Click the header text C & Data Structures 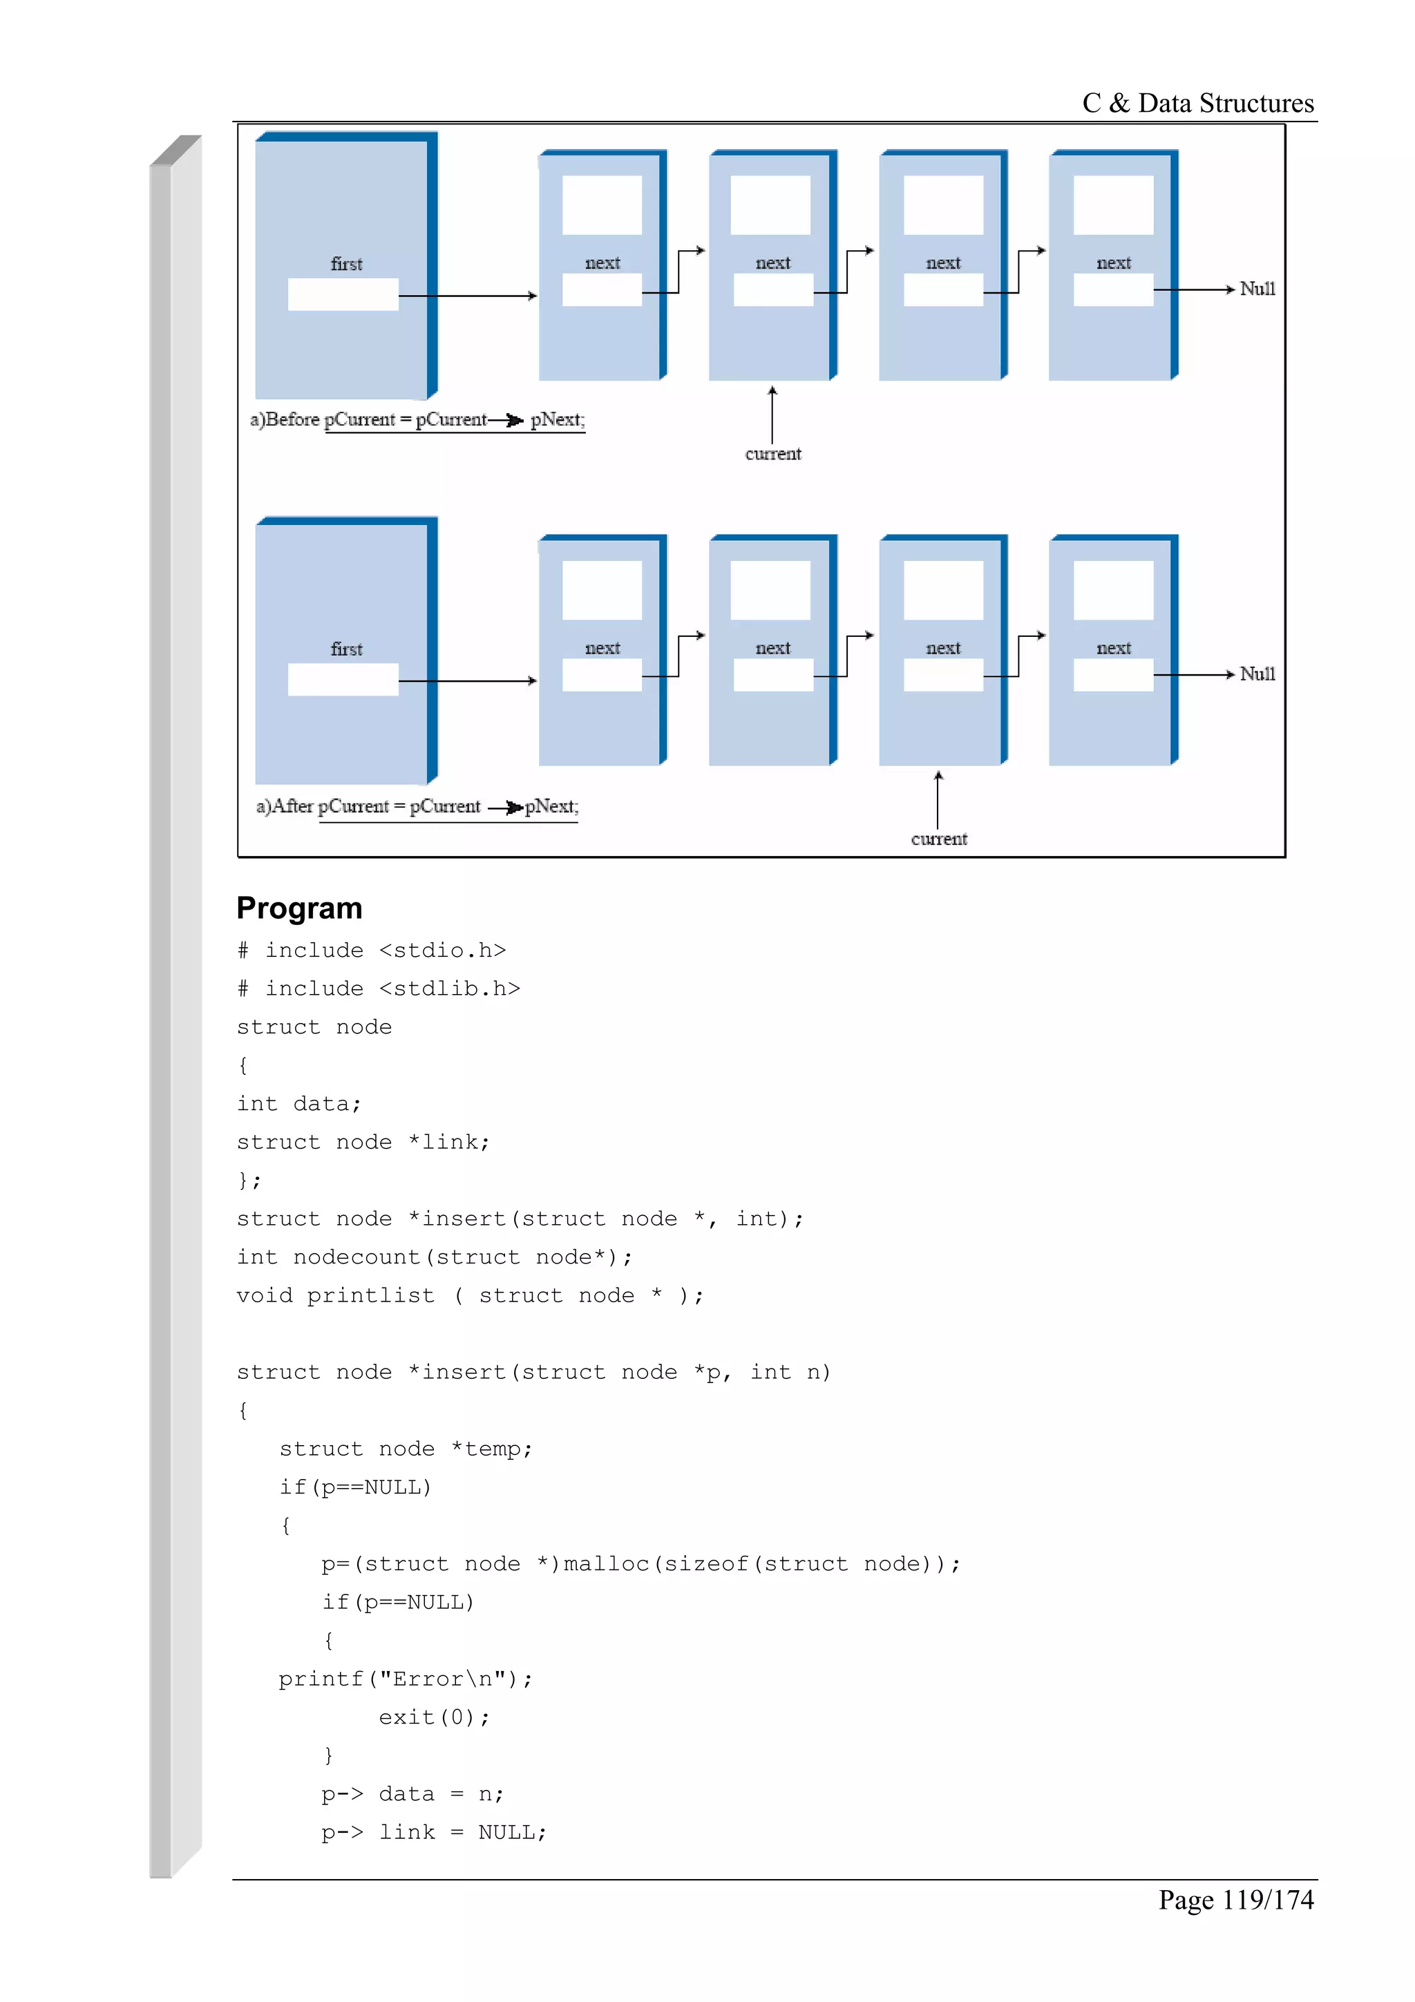tap(1197, 103)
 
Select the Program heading tap(299, 908)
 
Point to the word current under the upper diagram tap(772, 453)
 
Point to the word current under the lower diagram tap(938, 839)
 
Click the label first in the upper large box tap(346, 263)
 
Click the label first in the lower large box tap(346, 649)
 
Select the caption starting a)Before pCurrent tap(417, 419)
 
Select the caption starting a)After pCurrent tap(417, 805)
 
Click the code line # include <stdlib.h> tap(379, 988)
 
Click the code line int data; tap(298, 1103)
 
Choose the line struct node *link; tap(363, 1141)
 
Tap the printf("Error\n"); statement tap(406, 1679)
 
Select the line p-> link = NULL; tap(433, 1832)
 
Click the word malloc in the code tap(606, 1563)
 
